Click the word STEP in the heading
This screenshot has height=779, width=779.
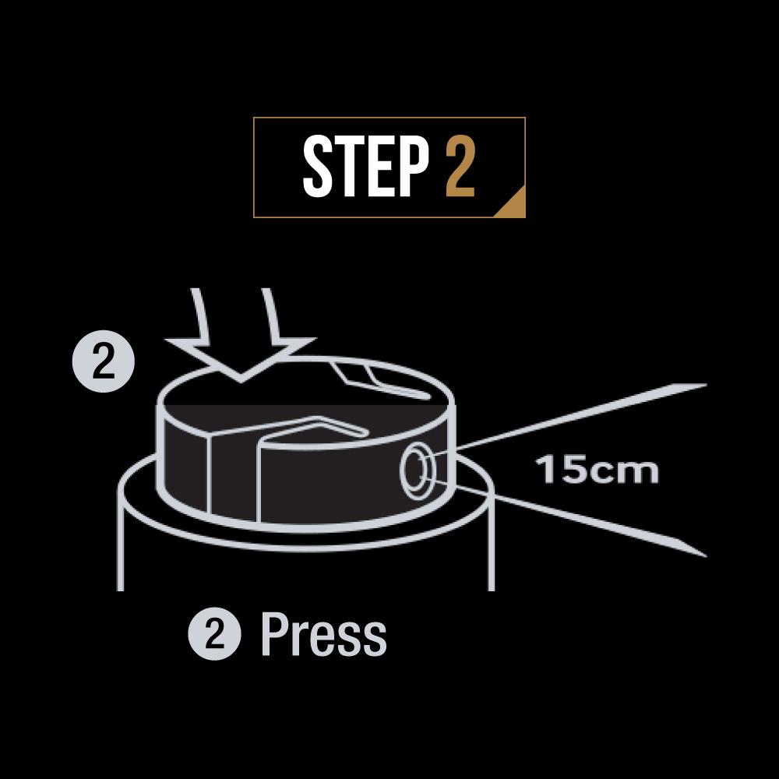coord(365,167)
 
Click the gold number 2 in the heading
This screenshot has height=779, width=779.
coord(460,167)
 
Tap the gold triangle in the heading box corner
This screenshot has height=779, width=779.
coord(513,205)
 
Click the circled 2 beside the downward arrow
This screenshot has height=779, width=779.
coord(104,361)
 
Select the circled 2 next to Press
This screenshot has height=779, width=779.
coord(214,634)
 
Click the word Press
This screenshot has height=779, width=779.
coord(323,634)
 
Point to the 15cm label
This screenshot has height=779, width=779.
coord(597,470)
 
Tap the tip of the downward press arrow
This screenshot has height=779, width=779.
coord(241,381)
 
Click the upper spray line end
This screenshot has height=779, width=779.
coord(706,385)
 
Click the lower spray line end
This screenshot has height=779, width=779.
coord(706,555)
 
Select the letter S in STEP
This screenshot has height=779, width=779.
coord(317,167)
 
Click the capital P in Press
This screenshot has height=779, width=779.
coord(274,634)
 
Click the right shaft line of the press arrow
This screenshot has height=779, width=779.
coord(271,315)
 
